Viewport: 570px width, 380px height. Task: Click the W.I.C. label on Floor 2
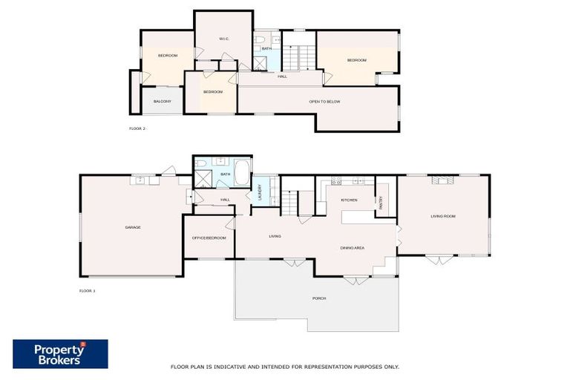click(223, 39)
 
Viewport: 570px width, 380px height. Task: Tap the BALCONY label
click(163, 101)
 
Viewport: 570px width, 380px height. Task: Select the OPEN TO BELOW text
click(324, 101)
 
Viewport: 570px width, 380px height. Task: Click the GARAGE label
click(133, 227)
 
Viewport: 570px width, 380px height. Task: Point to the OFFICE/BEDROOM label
click(209, 237)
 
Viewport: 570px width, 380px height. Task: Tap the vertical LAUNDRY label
click(260, 192)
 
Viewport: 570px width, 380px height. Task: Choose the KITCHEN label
click(349, 200)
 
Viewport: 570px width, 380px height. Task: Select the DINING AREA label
click(353, 248)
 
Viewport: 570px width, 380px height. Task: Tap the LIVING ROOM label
click(443, 216)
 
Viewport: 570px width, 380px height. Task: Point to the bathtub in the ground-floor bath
click(243, 172)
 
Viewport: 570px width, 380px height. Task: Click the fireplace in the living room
click(442, 179)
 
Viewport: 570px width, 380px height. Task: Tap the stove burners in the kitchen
click(335, 180)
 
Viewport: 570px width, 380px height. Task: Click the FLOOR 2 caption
click(137, 128)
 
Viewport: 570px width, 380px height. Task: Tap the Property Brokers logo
click(60, 354)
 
